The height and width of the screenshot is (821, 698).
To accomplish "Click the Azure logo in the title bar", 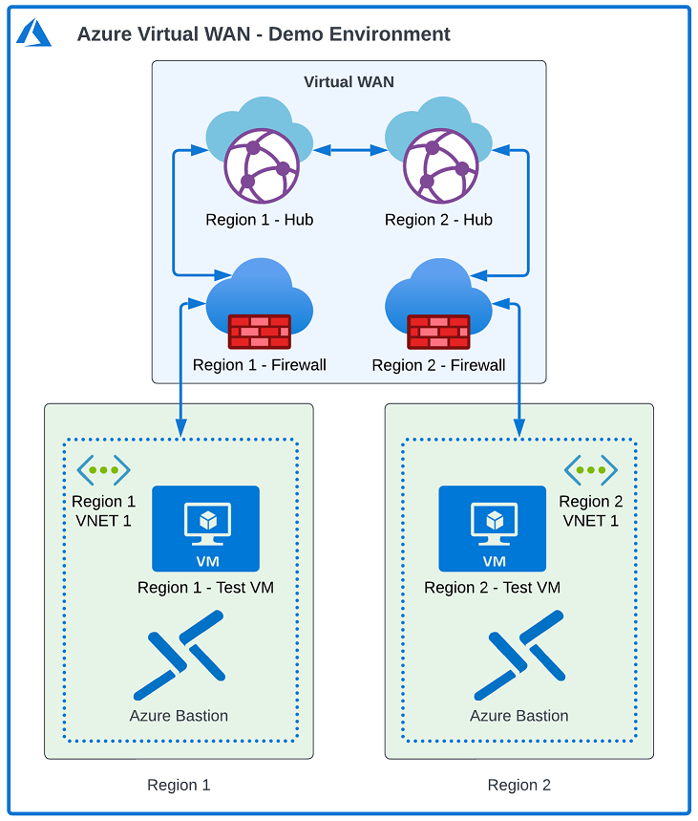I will coord(34,32).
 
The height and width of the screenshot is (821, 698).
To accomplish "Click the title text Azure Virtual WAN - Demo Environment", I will coord(264,34).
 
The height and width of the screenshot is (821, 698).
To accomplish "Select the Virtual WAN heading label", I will coord(349,82).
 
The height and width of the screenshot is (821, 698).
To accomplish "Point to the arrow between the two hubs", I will coord(349,150).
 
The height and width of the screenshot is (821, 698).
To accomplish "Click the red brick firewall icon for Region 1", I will coord(260,331).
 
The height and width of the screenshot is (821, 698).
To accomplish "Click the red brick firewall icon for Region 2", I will coord(438,331).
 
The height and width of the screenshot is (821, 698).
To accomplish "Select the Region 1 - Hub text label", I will coord(260,220).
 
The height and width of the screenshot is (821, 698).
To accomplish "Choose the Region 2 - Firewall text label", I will coord(438,365).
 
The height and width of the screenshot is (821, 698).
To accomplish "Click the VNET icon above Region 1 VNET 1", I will coord(103,470).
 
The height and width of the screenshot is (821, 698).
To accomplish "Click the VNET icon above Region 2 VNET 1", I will coord(590,470).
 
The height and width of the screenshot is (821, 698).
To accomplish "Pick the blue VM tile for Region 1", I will coord(205,528).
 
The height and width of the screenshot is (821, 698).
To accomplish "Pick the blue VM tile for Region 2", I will coord(492,528).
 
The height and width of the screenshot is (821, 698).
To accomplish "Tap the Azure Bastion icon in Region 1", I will coord(179,655).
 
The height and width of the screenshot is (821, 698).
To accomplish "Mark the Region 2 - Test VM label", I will coord(492,588).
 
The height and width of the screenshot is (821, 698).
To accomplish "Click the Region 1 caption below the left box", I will coord(179,786).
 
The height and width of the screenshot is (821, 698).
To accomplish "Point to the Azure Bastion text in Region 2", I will coord(518,716).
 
